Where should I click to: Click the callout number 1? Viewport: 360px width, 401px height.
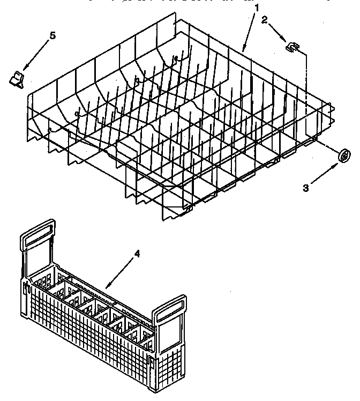click(x=257, y=8)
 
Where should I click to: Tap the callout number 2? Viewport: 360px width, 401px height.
click(x=264, y=21)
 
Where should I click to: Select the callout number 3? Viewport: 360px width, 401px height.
click(x=306, y=188)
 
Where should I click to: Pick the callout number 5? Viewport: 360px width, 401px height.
click(x=52, y=36)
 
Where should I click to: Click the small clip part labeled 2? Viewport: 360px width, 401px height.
click(x=292, y=48)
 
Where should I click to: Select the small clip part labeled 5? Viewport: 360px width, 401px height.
click(x=17, y=79)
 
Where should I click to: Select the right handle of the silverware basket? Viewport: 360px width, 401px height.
click(x=170, y=316)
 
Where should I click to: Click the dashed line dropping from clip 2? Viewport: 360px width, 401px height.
click(x=306, y=91)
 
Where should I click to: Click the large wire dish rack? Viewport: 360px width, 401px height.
click(x=177, y=123)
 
